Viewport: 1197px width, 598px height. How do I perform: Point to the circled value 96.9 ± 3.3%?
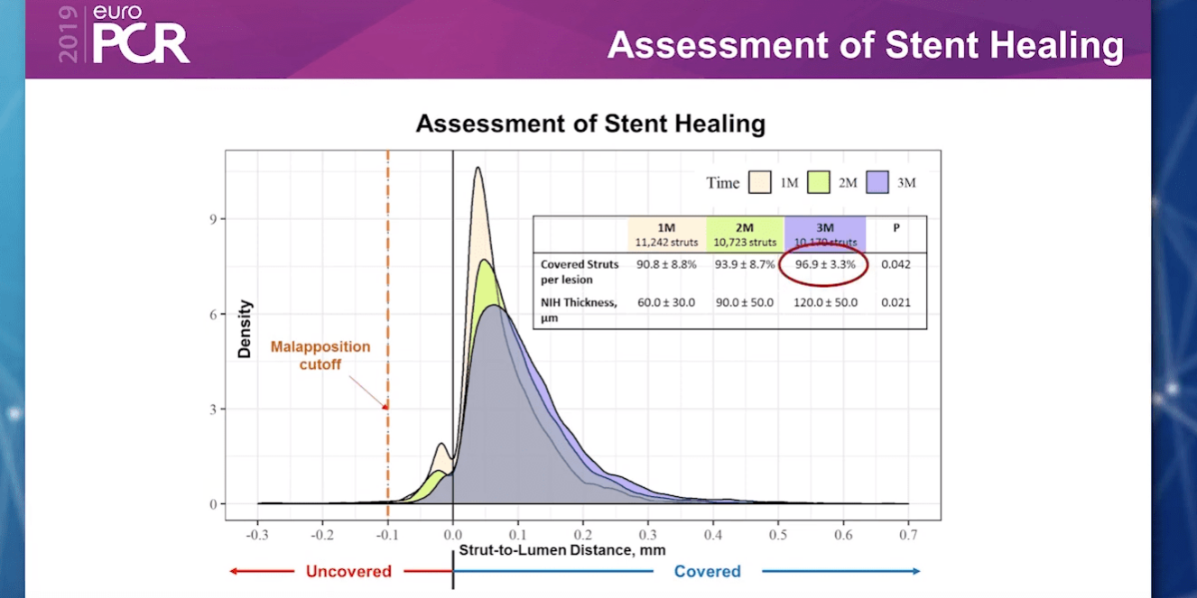823,264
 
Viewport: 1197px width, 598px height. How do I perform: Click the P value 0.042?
895,264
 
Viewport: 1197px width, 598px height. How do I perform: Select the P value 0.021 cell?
895,302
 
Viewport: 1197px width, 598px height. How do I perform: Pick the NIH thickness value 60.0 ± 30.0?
666,302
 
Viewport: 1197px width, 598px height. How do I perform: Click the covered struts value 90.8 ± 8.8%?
666,264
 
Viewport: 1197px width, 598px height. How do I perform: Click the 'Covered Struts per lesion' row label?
580,271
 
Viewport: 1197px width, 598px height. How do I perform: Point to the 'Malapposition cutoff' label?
320,354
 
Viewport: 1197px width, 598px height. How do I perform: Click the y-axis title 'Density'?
245,329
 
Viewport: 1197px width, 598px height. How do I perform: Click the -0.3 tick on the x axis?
257,534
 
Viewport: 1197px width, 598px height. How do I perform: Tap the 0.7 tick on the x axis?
908,534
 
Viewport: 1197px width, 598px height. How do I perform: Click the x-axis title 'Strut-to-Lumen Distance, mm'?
555,548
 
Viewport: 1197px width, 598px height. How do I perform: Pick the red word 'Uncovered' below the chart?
348,571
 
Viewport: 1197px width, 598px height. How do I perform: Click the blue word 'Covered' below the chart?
707,571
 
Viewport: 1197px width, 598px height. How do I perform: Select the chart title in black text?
590,124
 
